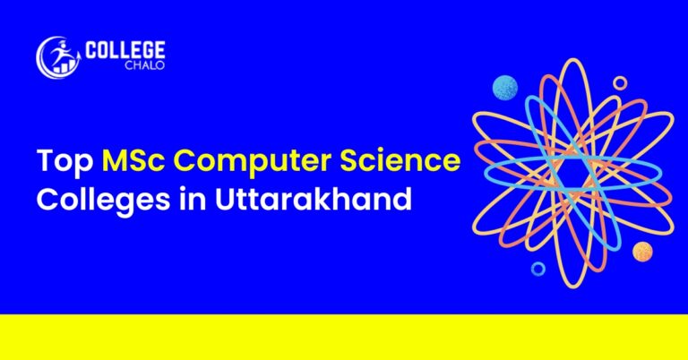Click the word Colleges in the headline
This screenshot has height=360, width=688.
pyautogui.click(x=95, y=199)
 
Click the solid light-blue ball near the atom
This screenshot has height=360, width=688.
pyautogui.click(x=505, y=88)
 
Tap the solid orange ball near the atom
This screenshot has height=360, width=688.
pyautogui.click(x=642, y=252)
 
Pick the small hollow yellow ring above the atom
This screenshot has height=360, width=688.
pyautogui.click(x=620, y=82)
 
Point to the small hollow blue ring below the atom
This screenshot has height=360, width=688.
pyautogui.click(x=538, y=269)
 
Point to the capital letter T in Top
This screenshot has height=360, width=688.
pyautogui.click(x=44, y=164)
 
